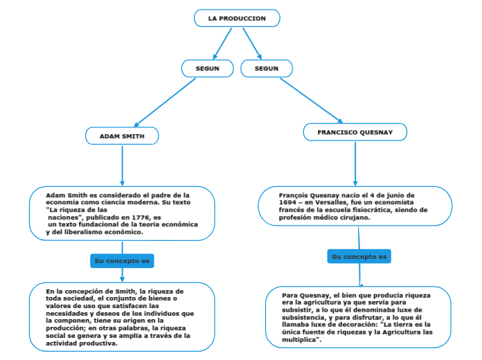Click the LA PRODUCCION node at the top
click(x=237, y=19)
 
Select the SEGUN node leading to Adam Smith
click(x=207, y=69)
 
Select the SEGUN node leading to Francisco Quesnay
click(x=267, y=69)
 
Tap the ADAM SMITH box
click(x=122, y=136)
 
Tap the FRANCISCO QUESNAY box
click(x=355, y=132)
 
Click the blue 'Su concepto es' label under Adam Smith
click(x=122, y=261)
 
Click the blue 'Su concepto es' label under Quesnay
click(x=359, y=257)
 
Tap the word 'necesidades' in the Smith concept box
click(x=66, y=313)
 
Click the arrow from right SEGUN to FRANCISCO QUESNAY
click(x=311, y=100)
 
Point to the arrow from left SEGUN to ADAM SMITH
click(x=165, y=102)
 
